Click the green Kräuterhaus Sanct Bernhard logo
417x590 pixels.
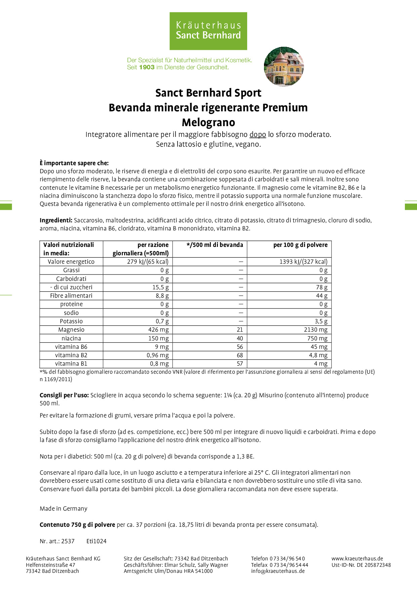pos(208,31)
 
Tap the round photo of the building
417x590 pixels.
pos(284,67)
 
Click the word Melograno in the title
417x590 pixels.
pos(208,122)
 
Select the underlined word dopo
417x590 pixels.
pos(258,135)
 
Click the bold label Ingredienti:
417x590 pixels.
pos(56,220)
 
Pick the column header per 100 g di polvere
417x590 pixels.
pos(300,245)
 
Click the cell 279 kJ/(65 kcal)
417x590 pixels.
pos(148,262)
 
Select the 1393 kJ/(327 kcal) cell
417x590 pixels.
pos(303,262)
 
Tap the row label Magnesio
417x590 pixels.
pos(71,330)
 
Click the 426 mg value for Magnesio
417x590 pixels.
pos(158,330)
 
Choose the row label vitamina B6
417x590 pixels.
pos(71,347)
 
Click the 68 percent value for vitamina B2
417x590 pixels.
pos(239,355)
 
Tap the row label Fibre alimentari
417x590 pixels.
pos(71,296)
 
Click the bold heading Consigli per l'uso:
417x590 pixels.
pos(64,395)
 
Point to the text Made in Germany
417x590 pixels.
pos(64,509)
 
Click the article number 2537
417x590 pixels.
pos(68,541)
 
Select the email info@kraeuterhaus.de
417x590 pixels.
pos(278,571)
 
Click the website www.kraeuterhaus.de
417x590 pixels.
pos(357,558)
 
